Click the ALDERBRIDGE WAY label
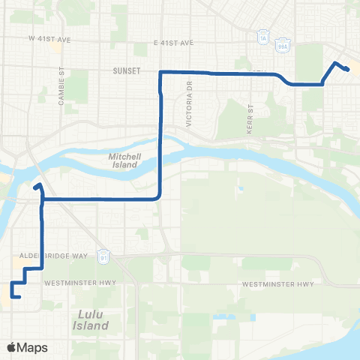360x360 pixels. coord(60,256)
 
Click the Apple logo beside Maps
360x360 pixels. coord(12,348)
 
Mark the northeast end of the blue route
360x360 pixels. coord(348,70)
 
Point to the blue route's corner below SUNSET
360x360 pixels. coord(161,72)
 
